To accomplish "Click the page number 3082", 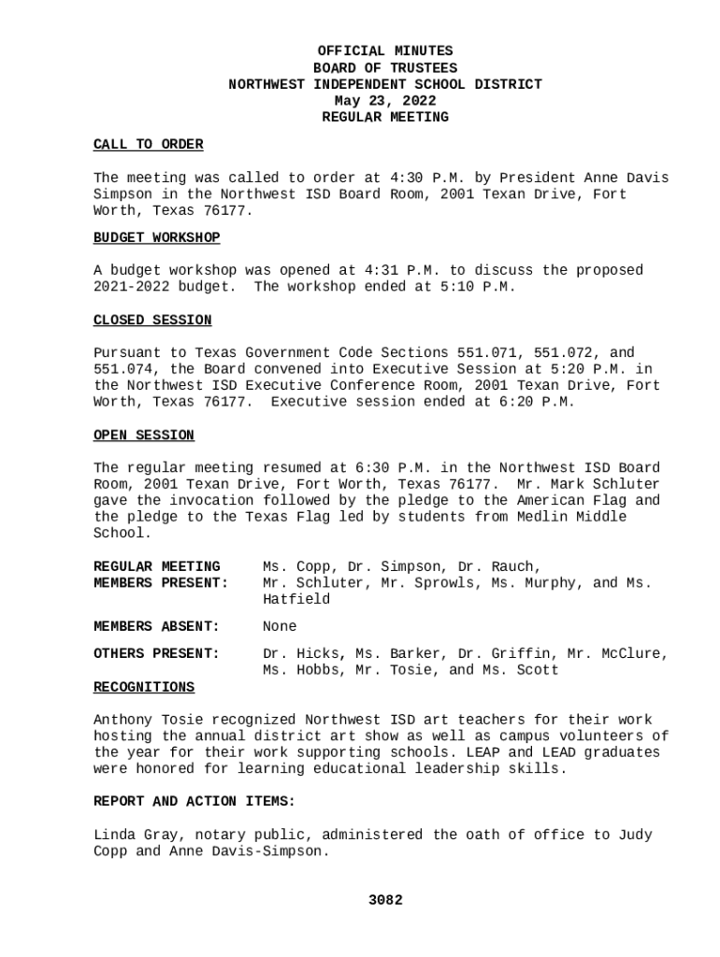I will click(x=385, y=900).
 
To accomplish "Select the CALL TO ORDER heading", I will click(x=148, y=145).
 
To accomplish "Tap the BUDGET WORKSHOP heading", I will click(x=156, y=238).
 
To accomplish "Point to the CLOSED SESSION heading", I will click(x=152, y=321).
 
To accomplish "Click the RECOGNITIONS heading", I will click(x=144, y=688).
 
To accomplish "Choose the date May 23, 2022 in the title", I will click(x=385, y=101).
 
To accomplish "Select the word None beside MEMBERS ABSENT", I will click(x=280, y=626).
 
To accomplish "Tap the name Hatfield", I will click(x=296, y=600).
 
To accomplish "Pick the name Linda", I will click(x=114, y=835).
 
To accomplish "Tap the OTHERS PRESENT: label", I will click(x=156, y=654).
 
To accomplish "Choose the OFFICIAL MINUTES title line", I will click(x=385, y=51).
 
